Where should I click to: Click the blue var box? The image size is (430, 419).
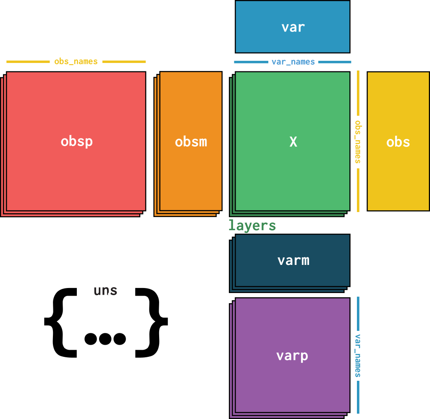tap(293, 27)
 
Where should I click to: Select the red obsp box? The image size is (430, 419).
tap(76, 141)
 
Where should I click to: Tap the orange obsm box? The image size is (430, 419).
tap(191, 141)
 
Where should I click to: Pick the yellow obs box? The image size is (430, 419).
tap(398, 141)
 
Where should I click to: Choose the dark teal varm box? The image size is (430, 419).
tap(293, 260)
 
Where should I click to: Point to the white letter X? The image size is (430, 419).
tap(293, 142)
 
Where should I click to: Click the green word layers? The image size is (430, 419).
tap(252, 226)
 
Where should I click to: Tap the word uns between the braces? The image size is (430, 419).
tap(105, 291)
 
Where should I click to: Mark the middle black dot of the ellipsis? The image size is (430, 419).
tap(105, 339)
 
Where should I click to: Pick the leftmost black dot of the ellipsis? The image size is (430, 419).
tap(91, 339)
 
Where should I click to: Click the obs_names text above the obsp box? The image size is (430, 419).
tap(76, 62)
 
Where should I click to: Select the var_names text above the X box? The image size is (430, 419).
tap(293, 62)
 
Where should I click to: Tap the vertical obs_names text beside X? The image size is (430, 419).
tap(358, 142)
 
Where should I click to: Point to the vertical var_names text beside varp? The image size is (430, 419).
tap(358, 356)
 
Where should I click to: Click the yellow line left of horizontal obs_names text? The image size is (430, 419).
tap(28, 62)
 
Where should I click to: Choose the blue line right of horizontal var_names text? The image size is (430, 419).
tap(335, 62)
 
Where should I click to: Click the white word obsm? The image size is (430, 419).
tap(191, 142)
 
